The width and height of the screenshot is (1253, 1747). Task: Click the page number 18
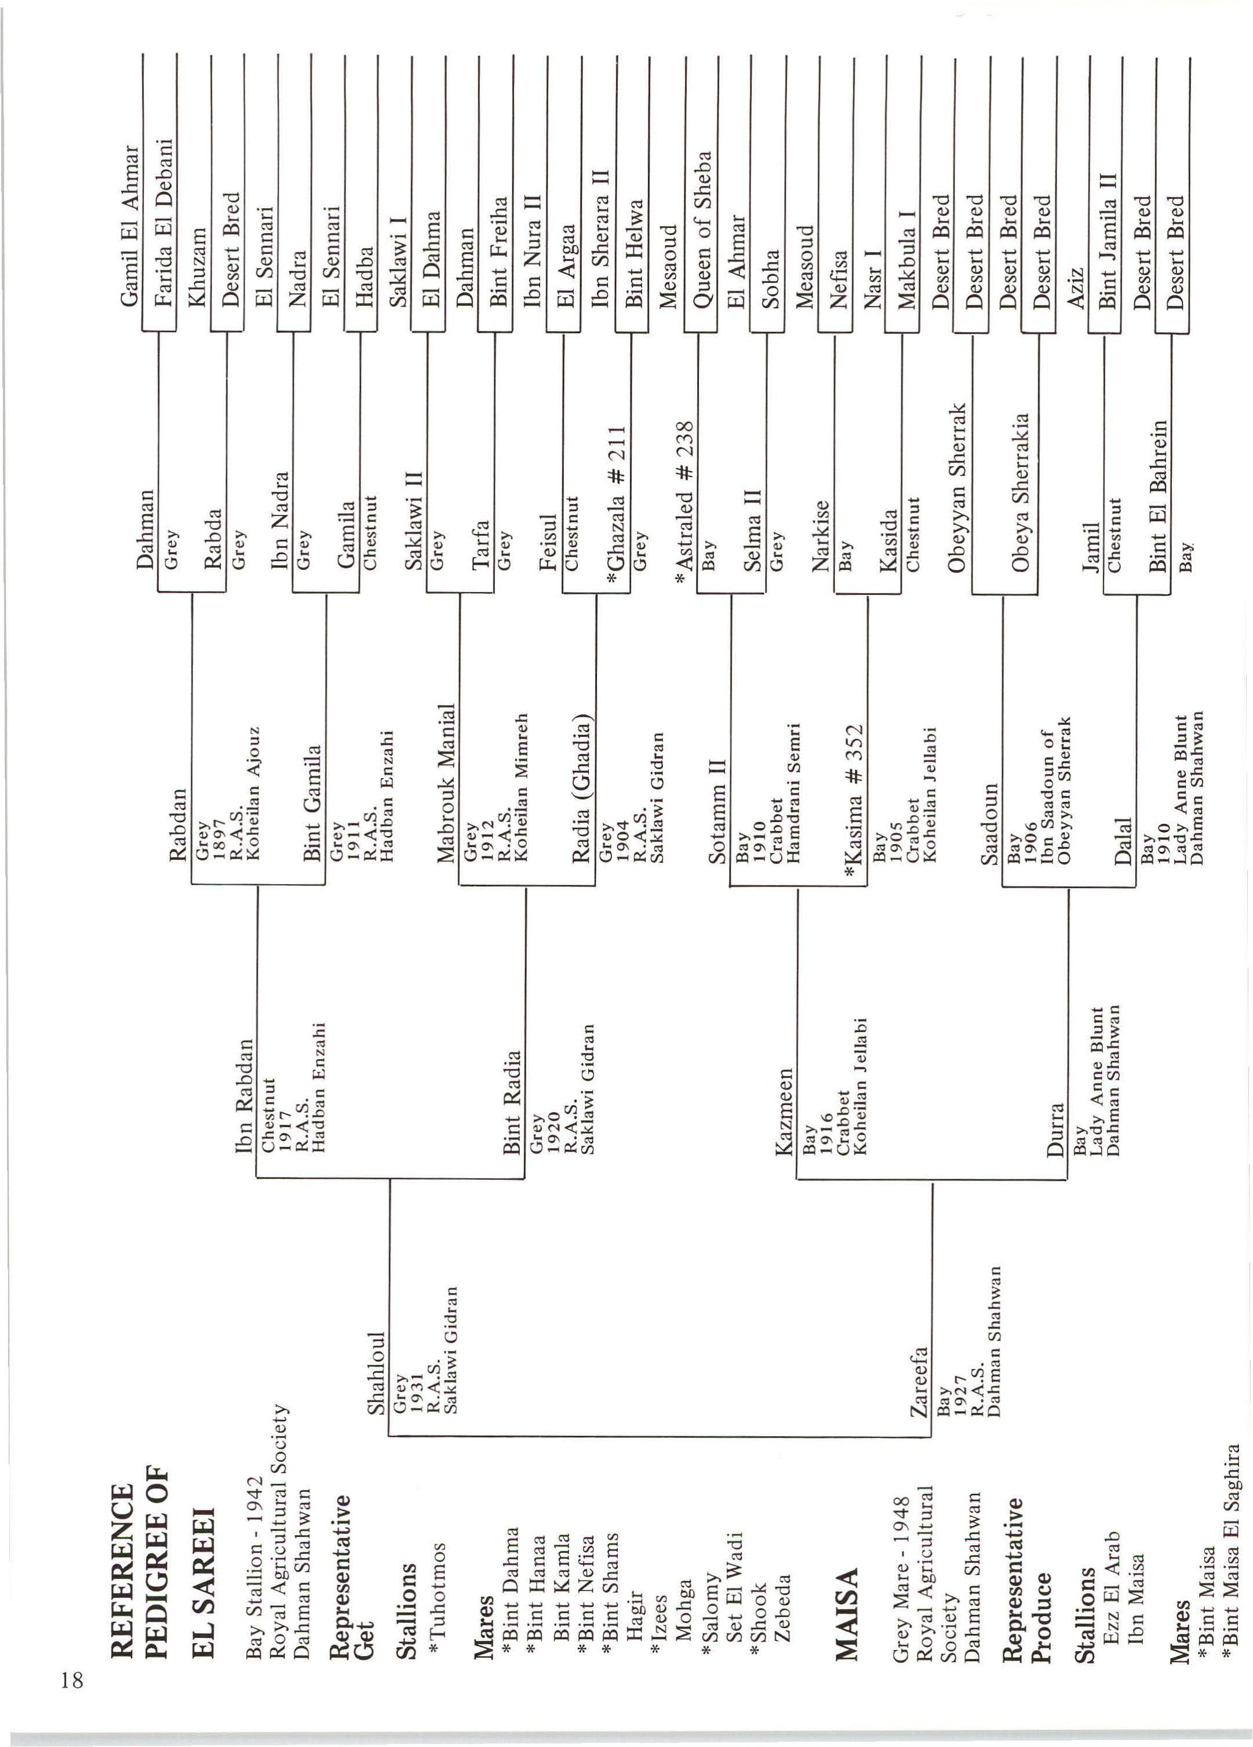click(x=72, y=1679)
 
